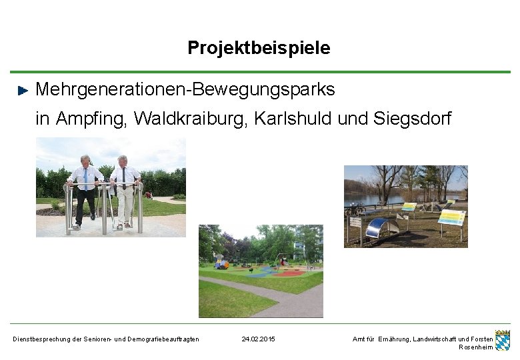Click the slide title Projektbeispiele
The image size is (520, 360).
point(259,48)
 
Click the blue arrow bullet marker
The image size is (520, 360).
point(23,89)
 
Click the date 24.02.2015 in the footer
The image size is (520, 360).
point(258,339)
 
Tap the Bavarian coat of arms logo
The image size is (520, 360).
point(503,340)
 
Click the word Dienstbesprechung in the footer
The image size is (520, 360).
point(42,339)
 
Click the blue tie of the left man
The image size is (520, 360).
point(85,178)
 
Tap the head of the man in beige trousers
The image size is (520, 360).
point(123,161)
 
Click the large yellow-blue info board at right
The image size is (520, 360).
point(452,218)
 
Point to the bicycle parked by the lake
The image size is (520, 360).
point(355,209)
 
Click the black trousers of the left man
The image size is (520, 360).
point(85,206)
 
